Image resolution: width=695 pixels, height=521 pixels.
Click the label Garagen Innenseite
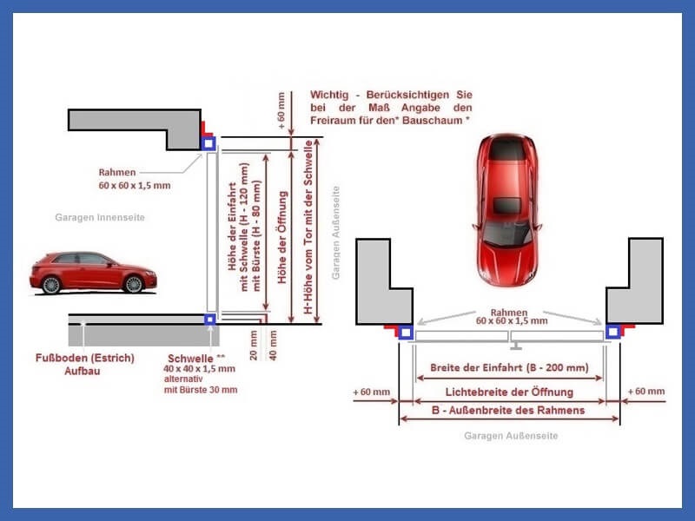click(100, 218)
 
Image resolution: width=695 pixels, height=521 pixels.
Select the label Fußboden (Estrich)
click(84, 358)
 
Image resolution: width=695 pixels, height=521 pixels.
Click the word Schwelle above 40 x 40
click(190, 359)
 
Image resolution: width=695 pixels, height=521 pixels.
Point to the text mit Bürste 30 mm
click(201, 390)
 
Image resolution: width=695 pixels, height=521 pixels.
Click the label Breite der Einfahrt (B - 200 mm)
click(509, 367)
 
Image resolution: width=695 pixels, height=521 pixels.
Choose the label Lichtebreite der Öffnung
click(509, 392)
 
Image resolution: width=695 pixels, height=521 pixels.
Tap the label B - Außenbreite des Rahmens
click(508, 410)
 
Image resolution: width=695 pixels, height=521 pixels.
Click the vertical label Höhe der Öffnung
click(282, 237)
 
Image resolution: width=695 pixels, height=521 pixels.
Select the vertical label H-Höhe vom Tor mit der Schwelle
click(308, 228)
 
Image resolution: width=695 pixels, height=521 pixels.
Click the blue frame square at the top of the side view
click(208, 143)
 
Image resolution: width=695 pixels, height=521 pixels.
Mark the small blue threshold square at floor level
click(209, 319)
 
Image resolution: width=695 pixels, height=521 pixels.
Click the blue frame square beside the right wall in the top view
click(613, 332)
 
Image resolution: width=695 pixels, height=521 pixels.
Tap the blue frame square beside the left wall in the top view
click(406, 333)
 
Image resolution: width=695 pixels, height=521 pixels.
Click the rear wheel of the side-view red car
click(51, 285)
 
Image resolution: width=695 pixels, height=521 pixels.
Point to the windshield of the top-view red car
click(506, 234)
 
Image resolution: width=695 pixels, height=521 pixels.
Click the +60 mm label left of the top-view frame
click(372, 392)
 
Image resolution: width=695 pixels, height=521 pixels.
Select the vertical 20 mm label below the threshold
click(254, 345)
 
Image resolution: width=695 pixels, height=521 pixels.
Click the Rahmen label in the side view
click(117, 172)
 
